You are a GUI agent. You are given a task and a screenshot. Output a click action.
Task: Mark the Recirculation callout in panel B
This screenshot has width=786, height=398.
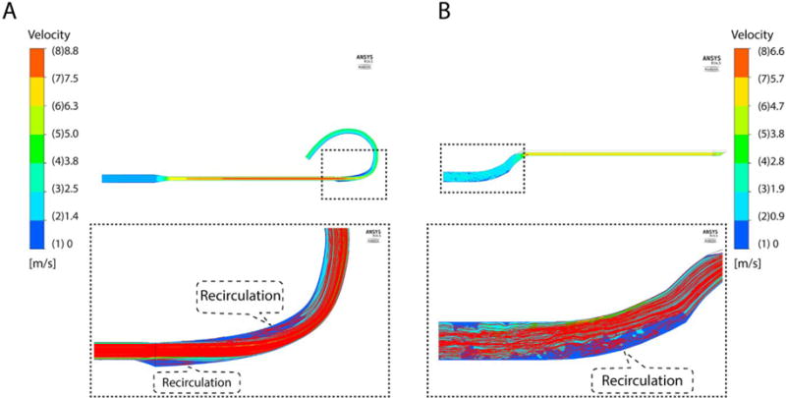pos(640,379)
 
